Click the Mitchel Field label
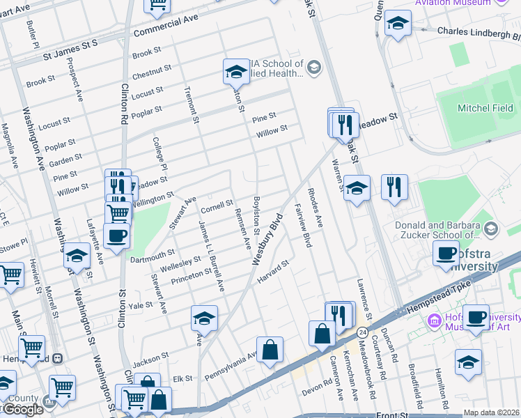485,108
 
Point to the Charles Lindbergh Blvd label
479,31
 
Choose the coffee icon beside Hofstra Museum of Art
476,318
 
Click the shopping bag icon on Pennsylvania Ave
270,350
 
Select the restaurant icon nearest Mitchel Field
394,187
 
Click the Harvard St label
272,272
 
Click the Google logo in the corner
22,410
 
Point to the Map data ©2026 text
491,412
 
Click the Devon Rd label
318,385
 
